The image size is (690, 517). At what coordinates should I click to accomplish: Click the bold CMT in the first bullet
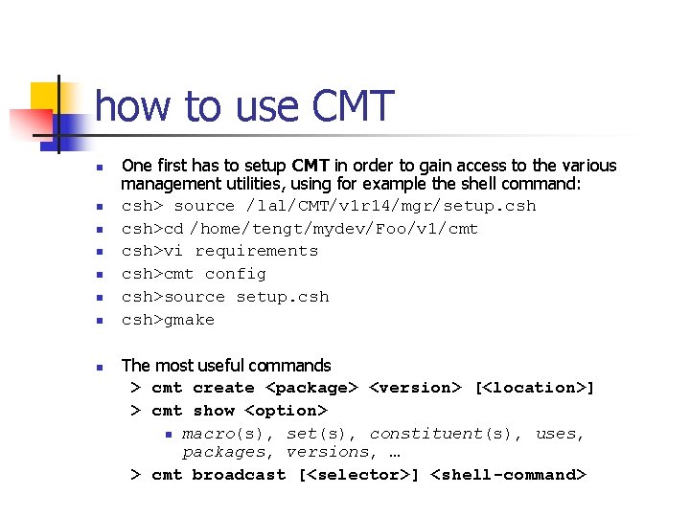311,166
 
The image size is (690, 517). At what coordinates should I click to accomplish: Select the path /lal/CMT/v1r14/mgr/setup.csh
391,206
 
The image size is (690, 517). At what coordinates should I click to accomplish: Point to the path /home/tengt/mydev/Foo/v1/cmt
333,229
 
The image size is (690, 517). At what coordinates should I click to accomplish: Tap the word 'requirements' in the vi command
256,251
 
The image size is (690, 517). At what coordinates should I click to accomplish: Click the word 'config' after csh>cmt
235,274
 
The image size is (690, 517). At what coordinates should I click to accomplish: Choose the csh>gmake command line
168,320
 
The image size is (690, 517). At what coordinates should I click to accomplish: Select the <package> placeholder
311,388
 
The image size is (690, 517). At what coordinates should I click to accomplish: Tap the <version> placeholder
416,388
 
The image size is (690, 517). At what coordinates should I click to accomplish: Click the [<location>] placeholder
535,388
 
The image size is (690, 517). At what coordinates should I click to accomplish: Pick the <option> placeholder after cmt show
287,411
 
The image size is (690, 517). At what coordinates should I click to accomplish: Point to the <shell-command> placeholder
508,475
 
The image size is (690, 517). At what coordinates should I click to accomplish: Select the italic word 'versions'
328,452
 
